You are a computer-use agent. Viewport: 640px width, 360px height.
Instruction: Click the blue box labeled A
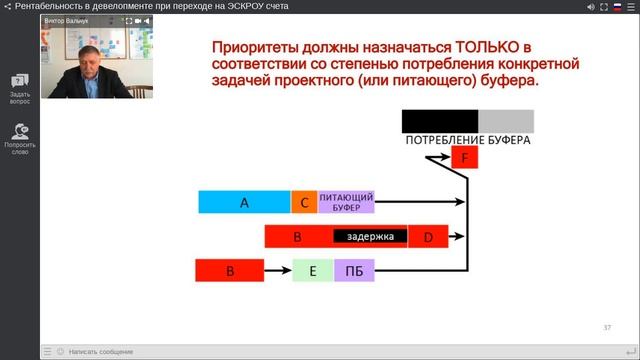(244, 202)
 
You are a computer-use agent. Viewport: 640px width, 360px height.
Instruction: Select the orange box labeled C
(304, 202)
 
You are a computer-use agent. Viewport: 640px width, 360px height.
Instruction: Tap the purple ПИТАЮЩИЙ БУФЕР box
(346, 202)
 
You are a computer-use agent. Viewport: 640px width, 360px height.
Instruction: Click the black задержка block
(370, 237)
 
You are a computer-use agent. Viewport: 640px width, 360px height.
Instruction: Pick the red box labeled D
(428, 237)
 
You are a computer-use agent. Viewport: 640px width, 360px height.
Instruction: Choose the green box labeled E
(312, 270)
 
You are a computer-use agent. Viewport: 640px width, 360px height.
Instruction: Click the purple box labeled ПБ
(353, 270)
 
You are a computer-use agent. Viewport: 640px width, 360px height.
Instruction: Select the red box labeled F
(464, 158)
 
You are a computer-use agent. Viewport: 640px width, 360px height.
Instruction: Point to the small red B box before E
(230, 270)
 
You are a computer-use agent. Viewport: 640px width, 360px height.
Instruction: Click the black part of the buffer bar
(440, 121)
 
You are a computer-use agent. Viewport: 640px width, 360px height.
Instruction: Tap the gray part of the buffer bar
(506, 121)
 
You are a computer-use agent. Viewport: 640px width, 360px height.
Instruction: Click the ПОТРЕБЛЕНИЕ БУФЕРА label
(467, 141)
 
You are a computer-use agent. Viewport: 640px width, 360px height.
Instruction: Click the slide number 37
(607, 327)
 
